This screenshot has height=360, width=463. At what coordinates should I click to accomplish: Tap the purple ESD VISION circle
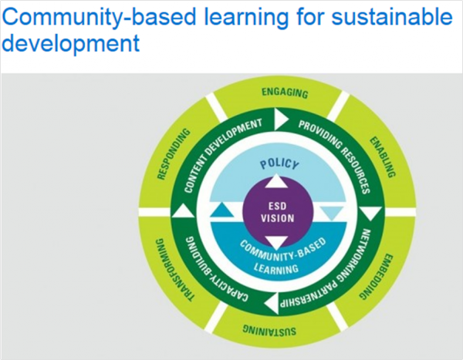click(277, 211)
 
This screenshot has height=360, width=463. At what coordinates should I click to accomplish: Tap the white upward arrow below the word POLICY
click(277, 182)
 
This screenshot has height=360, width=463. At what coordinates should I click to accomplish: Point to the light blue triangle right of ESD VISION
click(332, 213)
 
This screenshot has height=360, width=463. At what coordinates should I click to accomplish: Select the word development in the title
click(71, 42)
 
